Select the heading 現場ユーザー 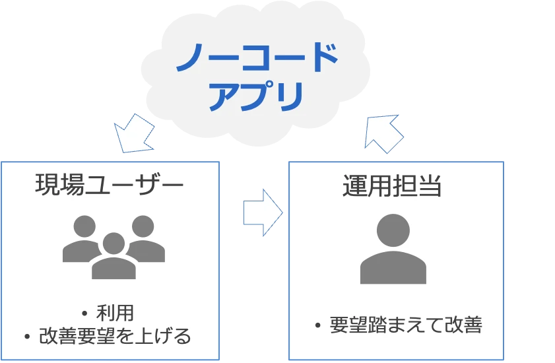click(109, 185)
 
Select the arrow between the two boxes click(263, 212)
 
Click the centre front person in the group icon click(114, 257)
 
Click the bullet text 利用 click(115, 312)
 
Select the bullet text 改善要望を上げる click(115, 337)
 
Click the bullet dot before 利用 click(84, 313)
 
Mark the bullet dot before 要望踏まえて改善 click(318, 325)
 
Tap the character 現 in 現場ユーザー click(48, 185)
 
